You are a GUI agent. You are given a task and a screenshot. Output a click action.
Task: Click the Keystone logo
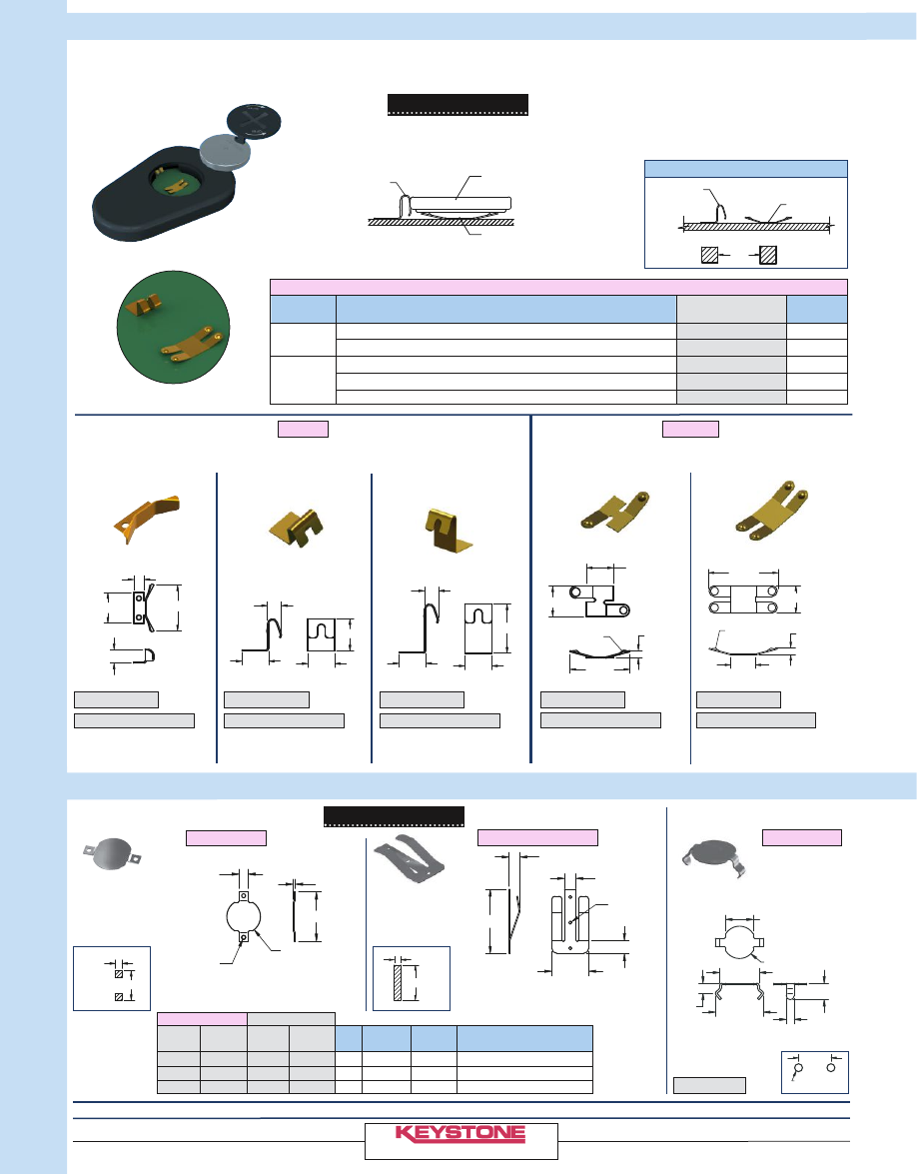[460, 1134]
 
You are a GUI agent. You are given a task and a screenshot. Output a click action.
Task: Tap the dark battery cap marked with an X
[254, 122]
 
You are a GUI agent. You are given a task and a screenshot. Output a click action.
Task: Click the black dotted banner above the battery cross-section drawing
[458, 105]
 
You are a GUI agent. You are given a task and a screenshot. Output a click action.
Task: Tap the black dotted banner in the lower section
[394, 817]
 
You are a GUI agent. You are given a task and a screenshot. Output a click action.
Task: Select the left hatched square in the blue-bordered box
[709, 255]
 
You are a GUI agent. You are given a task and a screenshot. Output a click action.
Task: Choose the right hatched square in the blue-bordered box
[768, 255]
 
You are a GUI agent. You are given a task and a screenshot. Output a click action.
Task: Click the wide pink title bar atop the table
[558, 287]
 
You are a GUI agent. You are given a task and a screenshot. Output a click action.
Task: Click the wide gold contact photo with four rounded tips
[772, 510]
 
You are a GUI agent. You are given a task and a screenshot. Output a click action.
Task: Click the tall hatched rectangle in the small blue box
[398, 982]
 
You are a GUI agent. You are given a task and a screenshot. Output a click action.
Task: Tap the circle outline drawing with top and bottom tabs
[244, 918]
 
